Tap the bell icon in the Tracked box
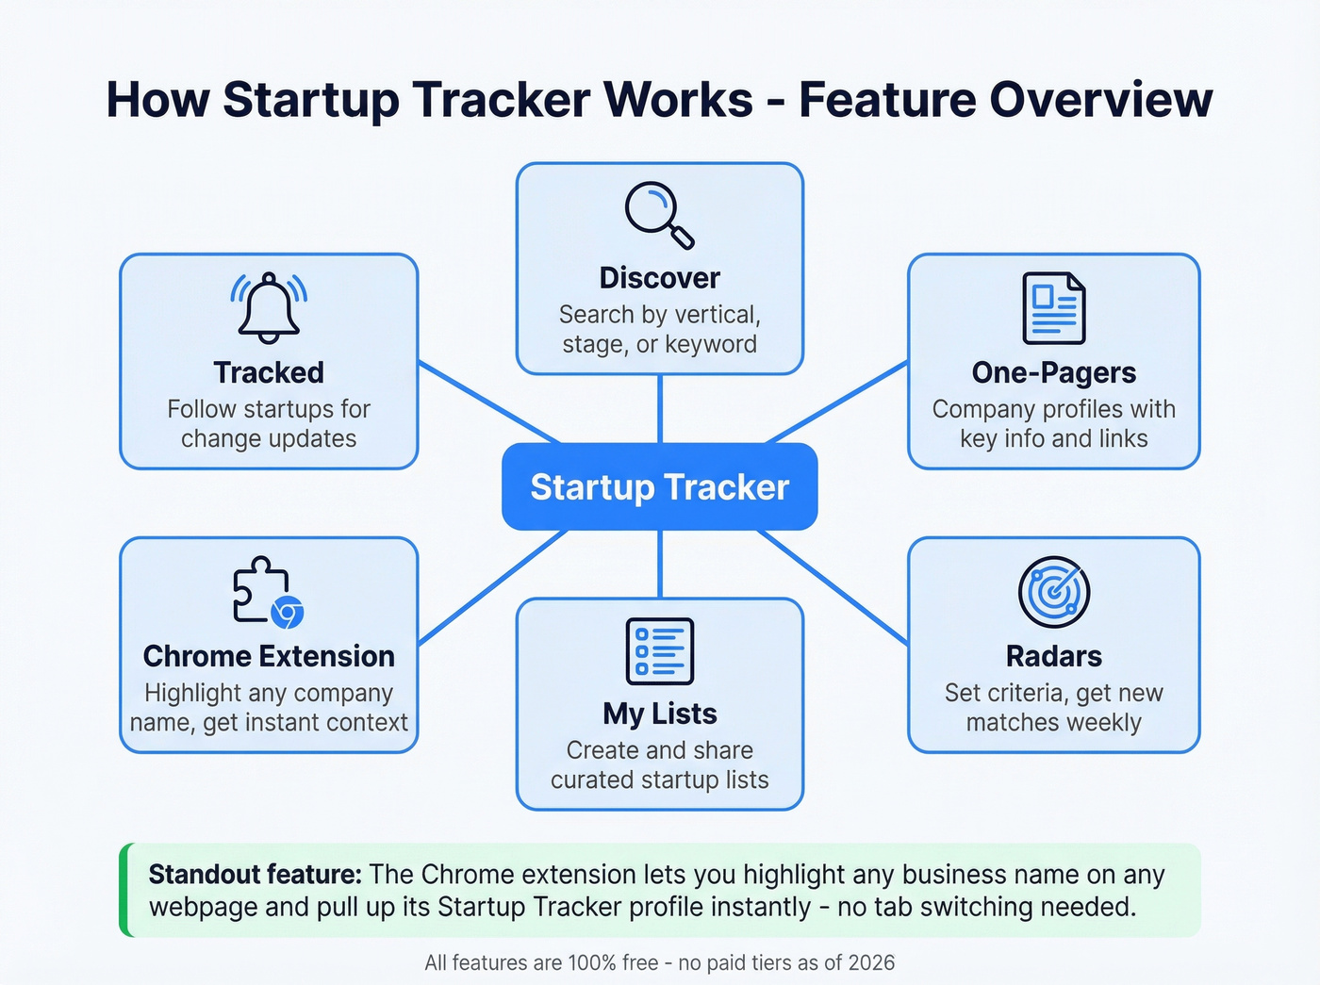tap(269, 307)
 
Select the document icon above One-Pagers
tap(1054, 308)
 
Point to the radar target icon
tap(1054, 592)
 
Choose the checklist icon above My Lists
tap(660, 651)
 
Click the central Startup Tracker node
tap(660, 487)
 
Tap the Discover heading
tap(660, 278)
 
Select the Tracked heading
tap(269, 372)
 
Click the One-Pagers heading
tap(1054, 372)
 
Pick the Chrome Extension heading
tap(269, 656)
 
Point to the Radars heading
tap(1054, 656)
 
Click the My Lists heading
tap(660, 714)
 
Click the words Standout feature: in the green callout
tap(255, 875)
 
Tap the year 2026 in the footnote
tap(871, 962)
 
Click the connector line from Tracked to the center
tap(487, 402)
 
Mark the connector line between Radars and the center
tap(834, 588)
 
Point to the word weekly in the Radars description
tap(1105, 723)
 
